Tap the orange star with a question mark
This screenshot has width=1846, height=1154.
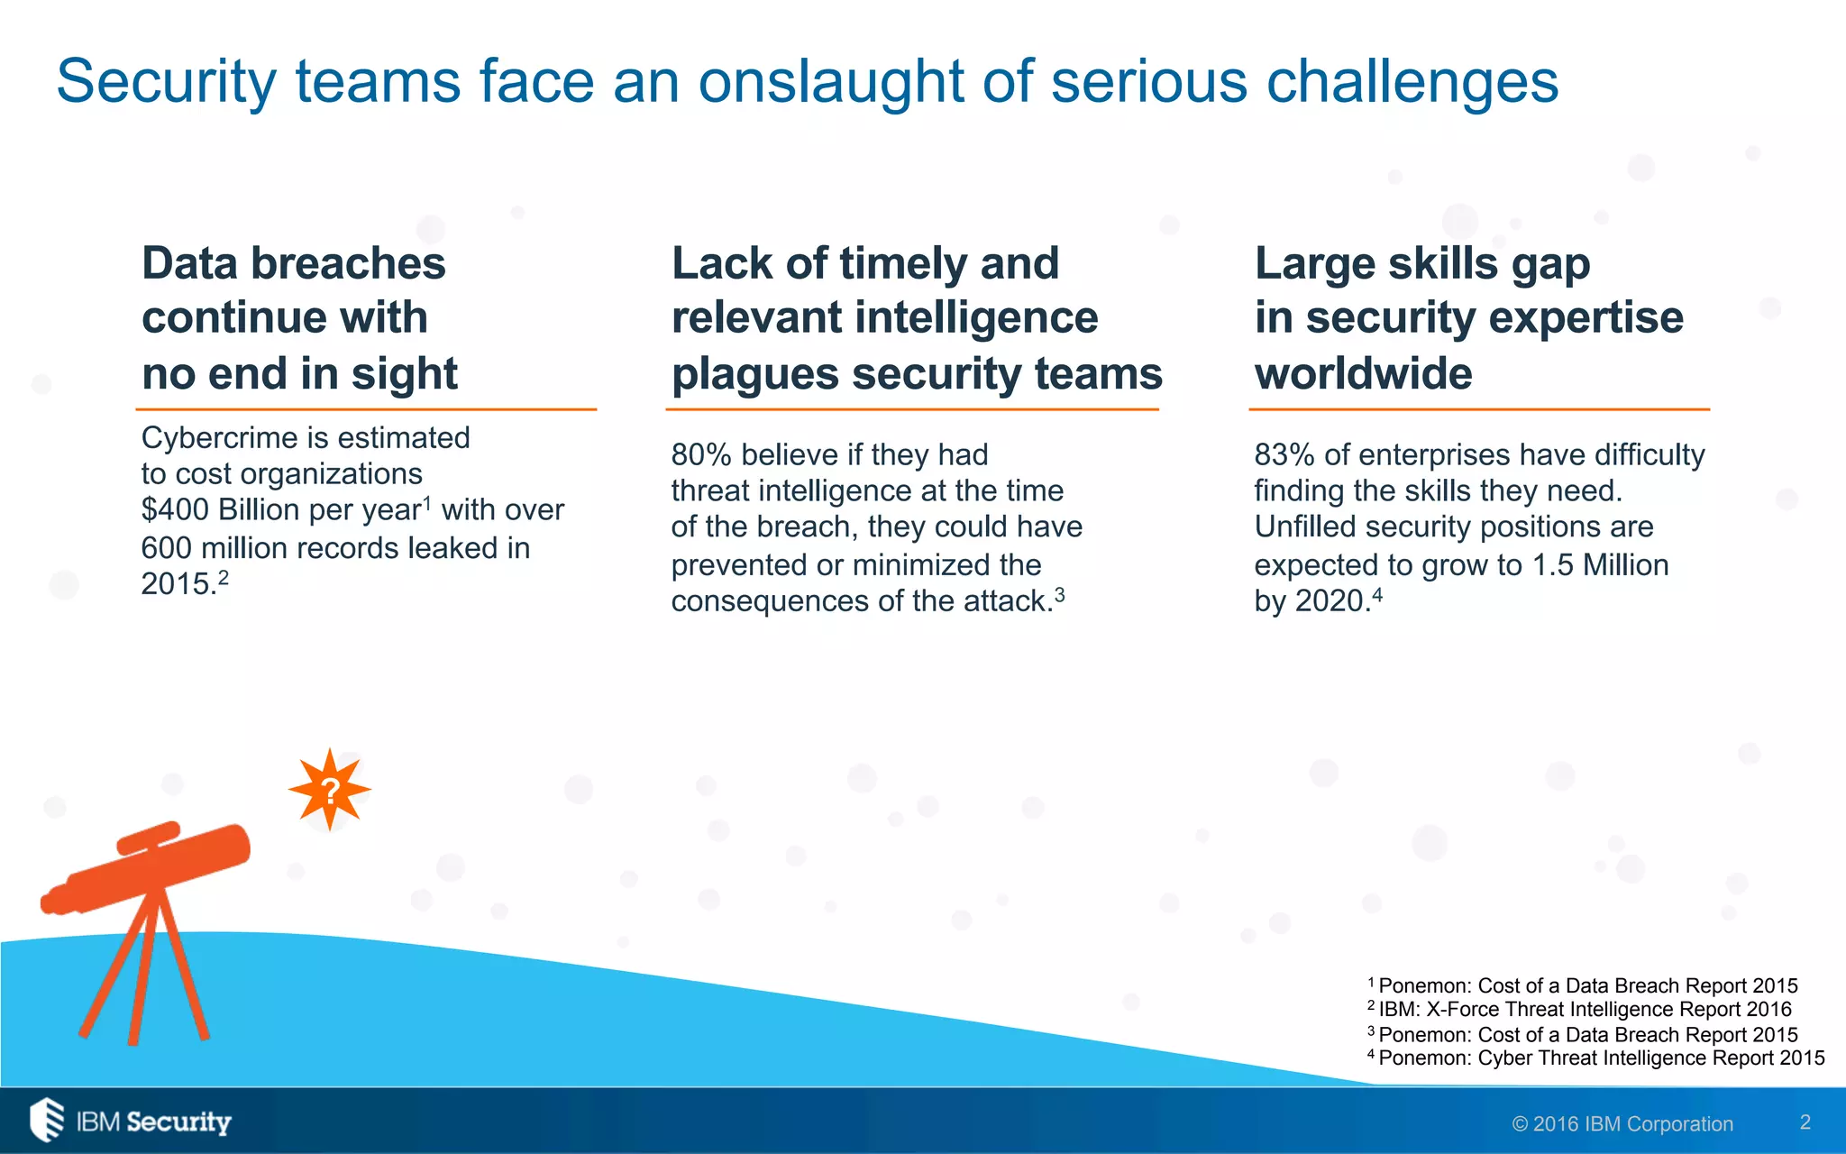(x=330, y=790)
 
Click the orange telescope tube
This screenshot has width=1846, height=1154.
(x=158, y=866)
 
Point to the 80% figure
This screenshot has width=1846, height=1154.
(x=700, y=455)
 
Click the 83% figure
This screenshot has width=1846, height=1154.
(x=1284, y=455)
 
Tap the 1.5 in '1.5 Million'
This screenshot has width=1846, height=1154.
(x=1553, y=565)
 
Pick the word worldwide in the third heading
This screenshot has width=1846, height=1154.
(x=1363, y=374)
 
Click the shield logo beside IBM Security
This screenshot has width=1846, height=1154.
(x=47, y=1120)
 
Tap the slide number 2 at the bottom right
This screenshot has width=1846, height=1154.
(x=1805, y=1122)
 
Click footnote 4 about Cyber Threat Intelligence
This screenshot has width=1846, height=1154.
(x=1600, y=1058)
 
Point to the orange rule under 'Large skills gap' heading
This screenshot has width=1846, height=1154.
(x=1478, y=409)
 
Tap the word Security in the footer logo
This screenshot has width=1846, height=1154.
(x=178, y=1122)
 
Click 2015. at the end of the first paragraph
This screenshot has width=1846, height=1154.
(x=178, y=584)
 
